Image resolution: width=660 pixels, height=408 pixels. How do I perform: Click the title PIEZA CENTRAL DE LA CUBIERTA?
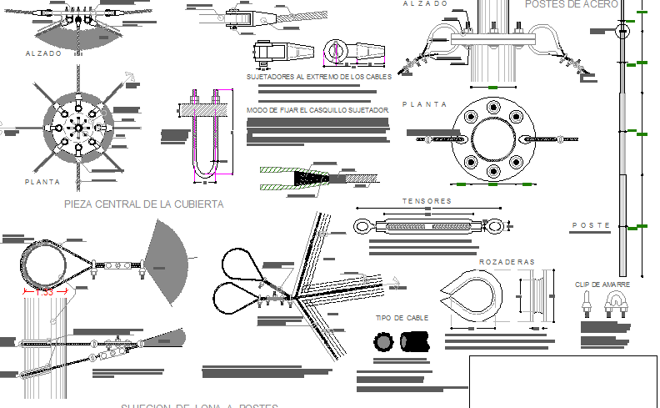pos(143,204)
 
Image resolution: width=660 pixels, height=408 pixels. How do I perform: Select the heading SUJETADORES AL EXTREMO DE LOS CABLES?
pos(319,77)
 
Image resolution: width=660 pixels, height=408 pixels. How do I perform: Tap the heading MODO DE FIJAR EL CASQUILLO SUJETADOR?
pos(317,110)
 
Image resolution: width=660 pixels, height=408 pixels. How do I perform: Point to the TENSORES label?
pos(427,201)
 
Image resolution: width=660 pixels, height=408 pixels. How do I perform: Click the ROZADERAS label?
pos(507,262)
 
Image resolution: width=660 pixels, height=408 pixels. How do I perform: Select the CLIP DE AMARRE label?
pos(602,285)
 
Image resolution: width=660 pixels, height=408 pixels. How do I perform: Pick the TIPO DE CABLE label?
pos(402,318)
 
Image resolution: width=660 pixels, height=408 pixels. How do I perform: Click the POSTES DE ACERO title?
pos(572,4)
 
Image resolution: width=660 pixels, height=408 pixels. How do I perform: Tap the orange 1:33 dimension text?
pos(43,291)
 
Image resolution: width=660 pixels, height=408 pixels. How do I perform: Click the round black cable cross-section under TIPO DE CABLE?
pos(384,341)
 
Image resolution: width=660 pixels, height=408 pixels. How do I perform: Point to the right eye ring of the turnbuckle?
pos(495,225)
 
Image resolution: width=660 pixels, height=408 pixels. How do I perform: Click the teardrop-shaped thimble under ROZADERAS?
pos(471,297)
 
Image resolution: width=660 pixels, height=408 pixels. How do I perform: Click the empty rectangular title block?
pos(563,381)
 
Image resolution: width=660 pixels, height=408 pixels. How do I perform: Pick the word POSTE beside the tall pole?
pos(591,226)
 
